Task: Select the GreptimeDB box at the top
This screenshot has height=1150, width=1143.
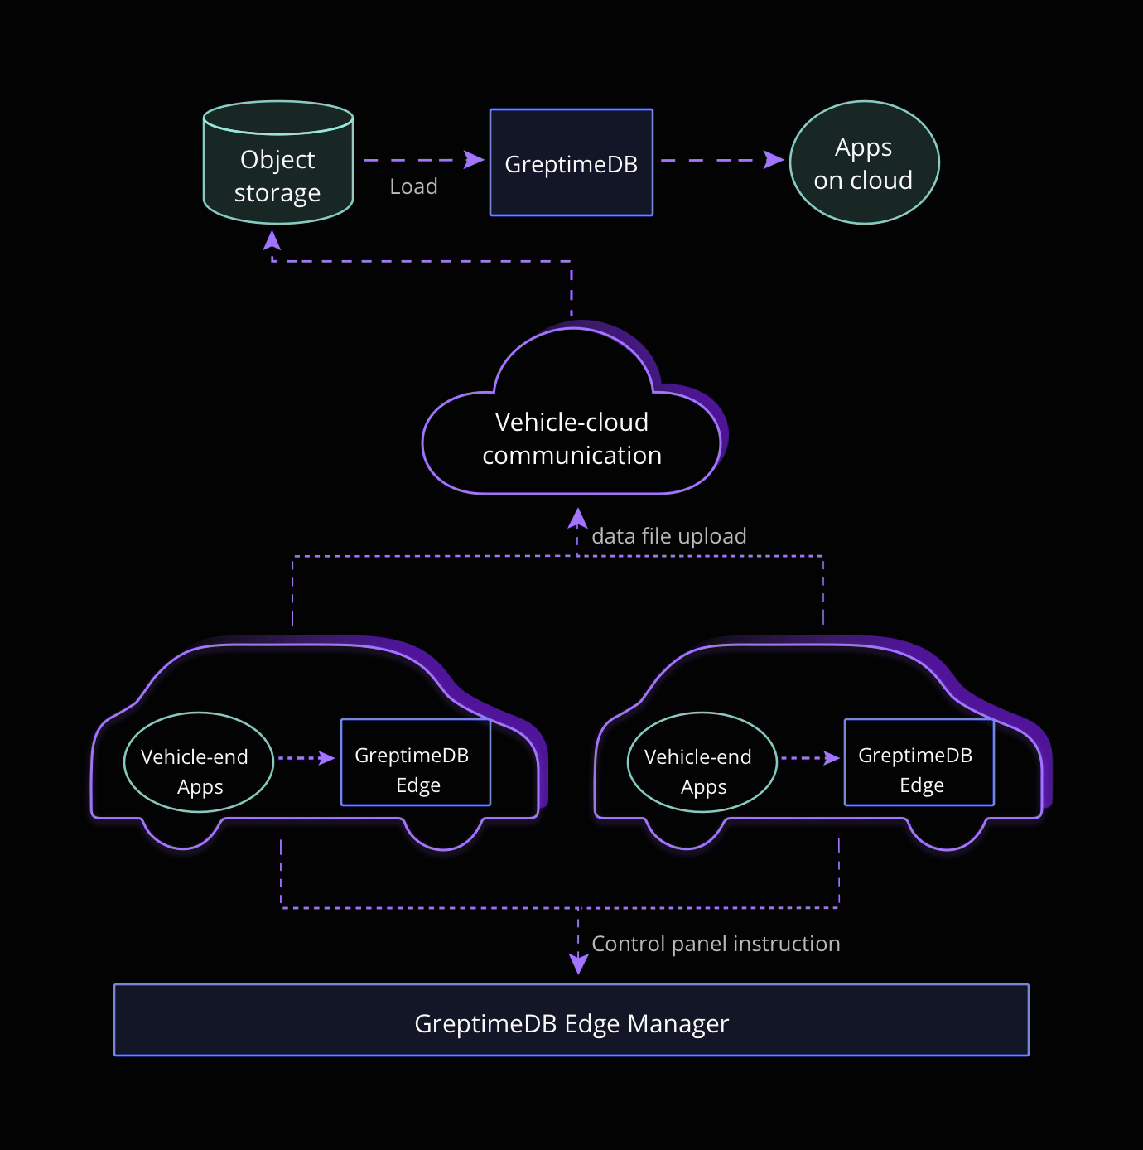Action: coord(571,162)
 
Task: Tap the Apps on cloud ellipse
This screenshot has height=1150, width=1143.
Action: coord(864,162)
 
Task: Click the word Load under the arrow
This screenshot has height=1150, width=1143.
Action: coord(413,186)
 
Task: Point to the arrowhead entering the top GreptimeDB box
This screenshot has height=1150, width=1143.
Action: coord(475,159)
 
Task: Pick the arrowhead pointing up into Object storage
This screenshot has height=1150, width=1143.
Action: coord(272,239)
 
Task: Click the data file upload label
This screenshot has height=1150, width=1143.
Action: coord(668,536)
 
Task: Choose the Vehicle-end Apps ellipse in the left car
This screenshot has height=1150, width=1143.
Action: coord(198,762)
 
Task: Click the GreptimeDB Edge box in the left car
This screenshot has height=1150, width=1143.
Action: coord(415,762)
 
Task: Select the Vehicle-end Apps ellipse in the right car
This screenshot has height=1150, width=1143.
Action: coord(702,762)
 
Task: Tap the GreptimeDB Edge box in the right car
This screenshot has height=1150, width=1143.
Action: coord(919,762)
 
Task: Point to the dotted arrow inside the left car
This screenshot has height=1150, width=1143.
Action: coord(306,757)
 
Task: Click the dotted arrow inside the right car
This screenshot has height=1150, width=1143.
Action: coord(810,757)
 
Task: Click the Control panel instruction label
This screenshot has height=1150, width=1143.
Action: coord(716,944)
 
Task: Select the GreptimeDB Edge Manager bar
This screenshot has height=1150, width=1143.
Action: coord(571,1020)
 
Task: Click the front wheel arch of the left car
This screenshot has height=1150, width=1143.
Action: coord(443,837)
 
